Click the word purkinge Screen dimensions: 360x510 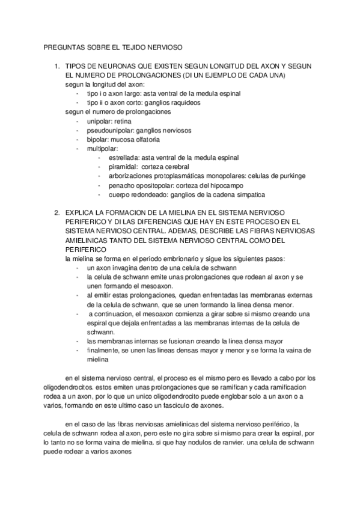tap(291, 176)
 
